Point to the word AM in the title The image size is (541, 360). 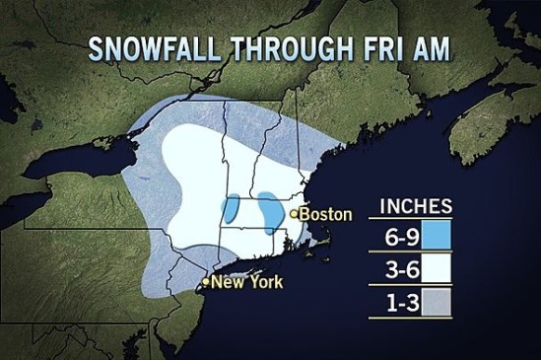(426, 48)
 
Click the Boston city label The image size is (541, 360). (325, 213)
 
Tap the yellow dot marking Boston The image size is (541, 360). (294, 212)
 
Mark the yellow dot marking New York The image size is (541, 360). (204, 282)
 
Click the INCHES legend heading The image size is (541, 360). (416, 206)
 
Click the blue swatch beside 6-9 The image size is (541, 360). (436, 236)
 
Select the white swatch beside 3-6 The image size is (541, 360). (436, 270)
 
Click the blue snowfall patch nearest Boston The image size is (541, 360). (267, 207)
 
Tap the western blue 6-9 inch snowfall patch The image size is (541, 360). (233, 207)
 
